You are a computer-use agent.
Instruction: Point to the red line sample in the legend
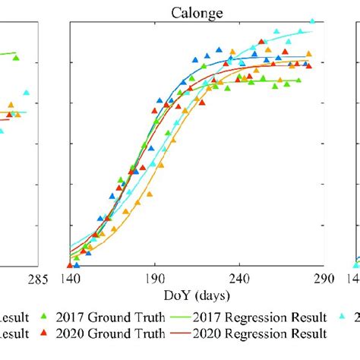click(174, 333)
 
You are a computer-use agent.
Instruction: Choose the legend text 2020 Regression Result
click(261, 333)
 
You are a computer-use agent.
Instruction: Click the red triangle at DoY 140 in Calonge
click(70, 265)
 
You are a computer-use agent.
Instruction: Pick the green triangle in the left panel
click(16, 58)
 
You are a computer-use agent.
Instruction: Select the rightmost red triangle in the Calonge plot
click(308, 66)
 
